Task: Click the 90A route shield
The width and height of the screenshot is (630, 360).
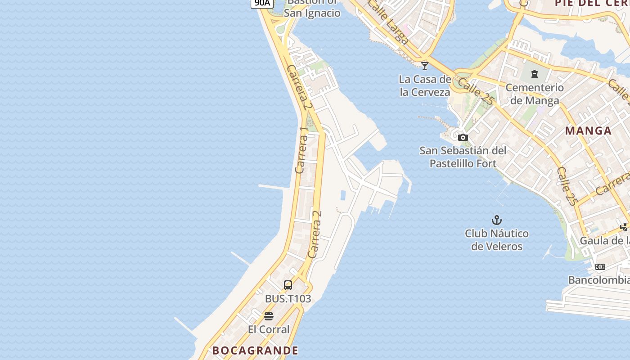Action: pos(262,3)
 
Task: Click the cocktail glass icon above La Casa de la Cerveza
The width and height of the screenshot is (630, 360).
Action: pos(425,66)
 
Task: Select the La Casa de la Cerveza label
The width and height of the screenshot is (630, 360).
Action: pos(425,86)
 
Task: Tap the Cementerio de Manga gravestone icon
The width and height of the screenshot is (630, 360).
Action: pos(535,74)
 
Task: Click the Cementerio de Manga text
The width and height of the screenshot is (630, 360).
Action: pos(535,94)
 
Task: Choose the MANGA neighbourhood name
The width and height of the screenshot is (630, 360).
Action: pos(588,131)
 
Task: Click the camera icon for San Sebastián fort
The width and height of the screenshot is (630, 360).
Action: pos(463,138)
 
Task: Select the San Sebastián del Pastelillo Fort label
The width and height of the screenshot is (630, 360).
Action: pos(463,157)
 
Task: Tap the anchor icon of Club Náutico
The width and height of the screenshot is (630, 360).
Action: pos(496,220)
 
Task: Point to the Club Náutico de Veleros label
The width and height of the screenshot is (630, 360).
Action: pos(497,240)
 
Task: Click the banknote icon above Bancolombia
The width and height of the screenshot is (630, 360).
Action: pos(600,267)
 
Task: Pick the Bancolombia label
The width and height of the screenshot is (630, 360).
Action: pos(598,280)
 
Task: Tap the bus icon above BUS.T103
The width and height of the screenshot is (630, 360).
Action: pos(288,285)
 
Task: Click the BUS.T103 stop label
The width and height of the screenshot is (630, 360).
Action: pos(288,298)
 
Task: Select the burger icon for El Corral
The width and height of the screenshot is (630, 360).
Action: pos(269,316)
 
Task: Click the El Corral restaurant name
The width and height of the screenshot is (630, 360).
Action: pos(269,329)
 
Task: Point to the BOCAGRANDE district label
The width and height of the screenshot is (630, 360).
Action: pos(255,351)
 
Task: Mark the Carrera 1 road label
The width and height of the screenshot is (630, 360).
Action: pos(302,150)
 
